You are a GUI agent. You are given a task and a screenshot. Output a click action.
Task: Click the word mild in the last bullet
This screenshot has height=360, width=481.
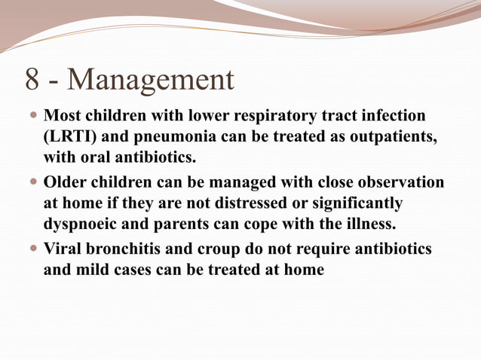[93, 270]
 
